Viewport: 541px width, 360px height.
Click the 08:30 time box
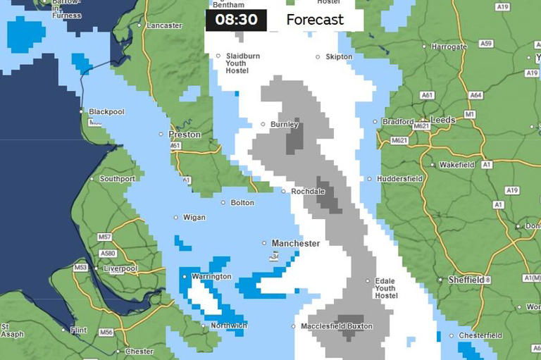pos(236,20)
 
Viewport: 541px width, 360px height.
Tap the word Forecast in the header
pos(315,20)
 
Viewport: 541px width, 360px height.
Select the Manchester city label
pos(296,243)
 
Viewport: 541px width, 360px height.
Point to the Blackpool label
pos(106,111)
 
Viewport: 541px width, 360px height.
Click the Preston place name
pos(185,134)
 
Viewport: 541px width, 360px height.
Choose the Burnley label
pos(285,125)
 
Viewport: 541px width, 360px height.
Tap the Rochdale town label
pos(309,191)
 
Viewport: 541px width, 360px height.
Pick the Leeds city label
pos(442,120)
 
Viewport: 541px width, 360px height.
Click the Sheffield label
pos(466,280)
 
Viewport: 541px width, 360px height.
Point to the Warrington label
pos(211,277)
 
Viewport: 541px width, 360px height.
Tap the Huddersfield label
pos(399,179)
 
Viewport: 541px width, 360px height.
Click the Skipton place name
pos(339,57)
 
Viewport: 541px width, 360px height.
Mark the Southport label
pos(117,179)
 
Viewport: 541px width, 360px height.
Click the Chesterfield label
pos(480,335)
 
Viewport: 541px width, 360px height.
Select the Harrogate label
pos(449,46)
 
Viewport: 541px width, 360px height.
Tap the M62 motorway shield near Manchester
pos(274,257)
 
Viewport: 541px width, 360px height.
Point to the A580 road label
pos(108,253)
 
